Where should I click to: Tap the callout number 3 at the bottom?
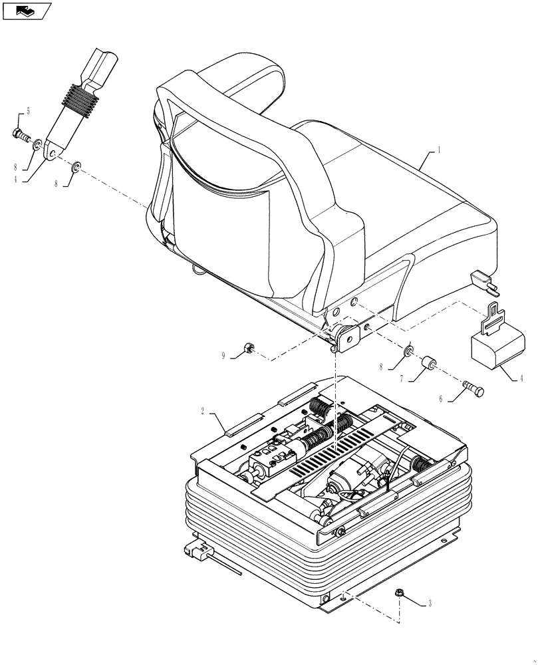click(x=430, y=604)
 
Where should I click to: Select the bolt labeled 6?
click(x=472, y=388)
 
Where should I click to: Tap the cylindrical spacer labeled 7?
click(x=428, y=365)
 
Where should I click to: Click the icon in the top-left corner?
click(x=27, y=11)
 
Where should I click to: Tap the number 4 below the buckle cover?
click(x=521, y=379)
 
